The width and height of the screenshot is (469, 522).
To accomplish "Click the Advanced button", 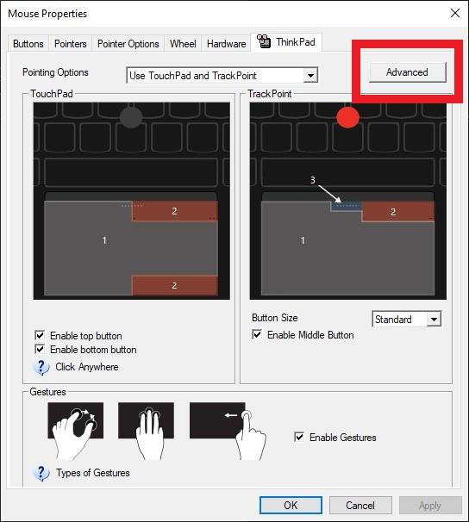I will click(407, 72).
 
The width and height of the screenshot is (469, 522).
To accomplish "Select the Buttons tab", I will click(28, 44).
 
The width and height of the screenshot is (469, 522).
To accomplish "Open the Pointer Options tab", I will click(128, 44).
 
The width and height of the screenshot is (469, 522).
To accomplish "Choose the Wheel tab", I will click(183, 44).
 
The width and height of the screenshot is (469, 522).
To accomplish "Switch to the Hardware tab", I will click(227, 44).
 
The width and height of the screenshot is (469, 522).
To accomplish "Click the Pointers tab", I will click(71, 44).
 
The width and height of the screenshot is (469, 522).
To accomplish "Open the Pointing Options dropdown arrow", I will click(311, 76).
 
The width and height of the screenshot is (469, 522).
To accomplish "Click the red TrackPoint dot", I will click(347, 116).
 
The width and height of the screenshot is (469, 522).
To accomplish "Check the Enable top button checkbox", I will click(40, 335).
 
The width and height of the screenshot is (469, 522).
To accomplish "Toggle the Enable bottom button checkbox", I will click(40, 350).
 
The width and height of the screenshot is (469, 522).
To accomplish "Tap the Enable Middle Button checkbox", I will click(257, 335).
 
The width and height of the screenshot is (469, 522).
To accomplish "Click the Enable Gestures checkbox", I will click(299, 438).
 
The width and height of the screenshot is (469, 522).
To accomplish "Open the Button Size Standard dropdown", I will click(433, 320).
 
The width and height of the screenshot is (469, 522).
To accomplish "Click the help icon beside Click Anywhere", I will click(41, 367).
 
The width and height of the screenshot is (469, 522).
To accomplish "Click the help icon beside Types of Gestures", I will click(41, 473).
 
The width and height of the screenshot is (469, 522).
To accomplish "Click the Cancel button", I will click(360, 506).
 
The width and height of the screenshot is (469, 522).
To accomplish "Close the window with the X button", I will click(453, 13).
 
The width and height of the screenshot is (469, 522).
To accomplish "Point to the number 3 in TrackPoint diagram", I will click(313, 180).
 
